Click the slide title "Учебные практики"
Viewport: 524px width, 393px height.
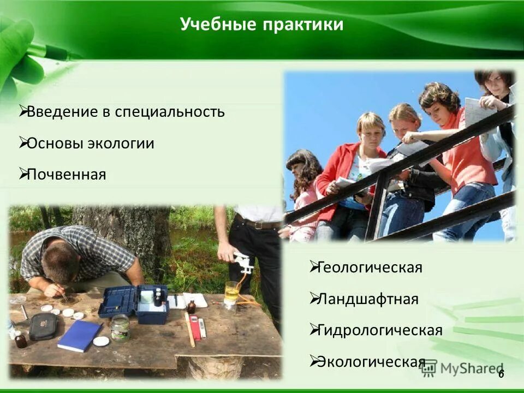[261, 25]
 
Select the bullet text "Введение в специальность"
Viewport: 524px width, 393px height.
[126, 112]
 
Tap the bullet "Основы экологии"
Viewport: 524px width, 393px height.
[91, 144]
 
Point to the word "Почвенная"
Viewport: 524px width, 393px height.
[66, 175]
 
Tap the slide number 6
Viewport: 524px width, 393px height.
[501, 373]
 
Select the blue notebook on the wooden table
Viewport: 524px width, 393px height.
[79, 335]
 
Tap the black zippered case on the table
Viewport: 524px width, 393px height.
[43, 326]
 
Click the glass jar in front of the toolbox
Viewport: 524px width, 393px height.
[120, 327]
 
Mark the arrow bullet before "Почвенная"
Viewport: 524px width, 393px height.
[23, 174]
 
